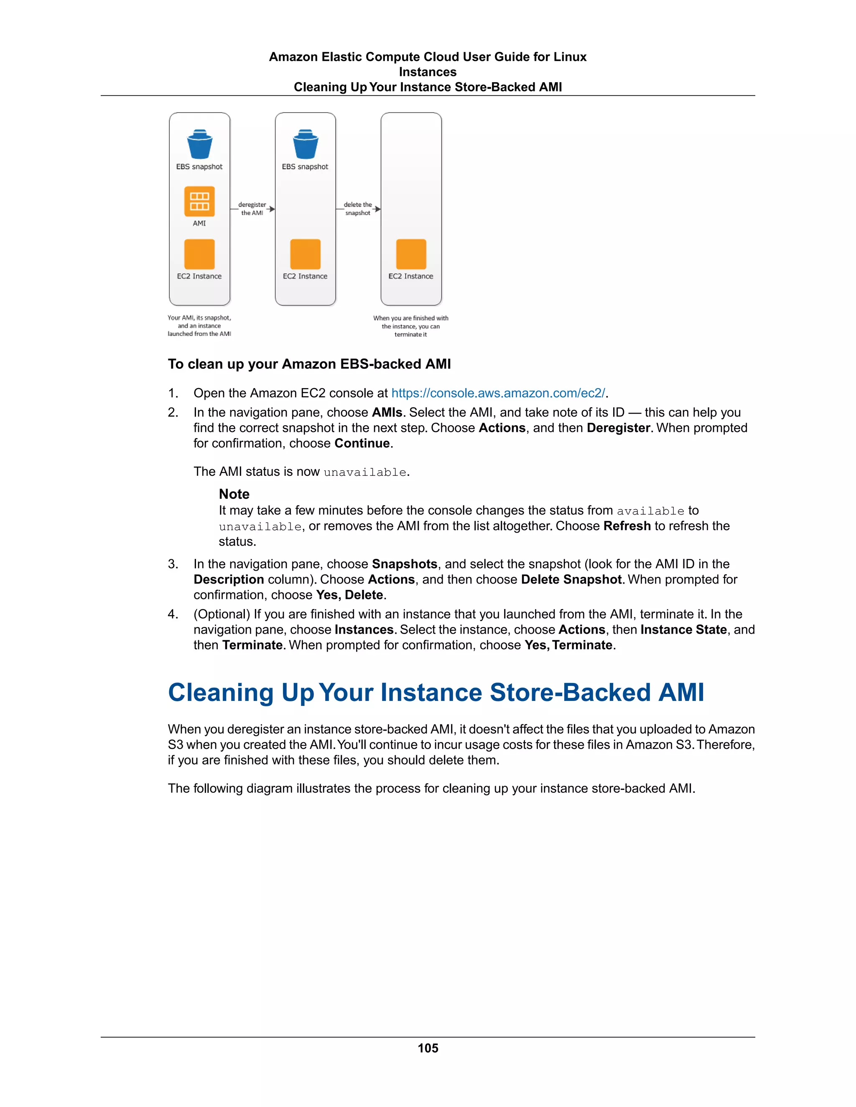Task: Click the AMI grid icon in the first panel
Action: tap(199, 201)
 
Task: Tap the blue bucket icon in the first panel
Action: tap(199, 145)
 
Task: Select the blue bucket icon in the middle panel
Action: tap(305, 145)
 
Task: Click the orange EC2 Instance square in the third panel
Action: tap(411, 254)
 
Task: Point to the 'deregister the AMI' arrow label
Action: tap(252, 209)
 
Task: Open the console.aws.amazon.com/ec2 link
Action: tap(498, 394)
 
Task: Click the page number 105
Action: tap(428, 1048)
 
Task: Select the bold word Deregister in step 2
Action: tap(618, 428)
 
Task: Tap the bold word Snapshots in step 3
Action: tap(404, 564)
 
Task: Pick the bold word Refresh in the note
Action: tap(627, 526)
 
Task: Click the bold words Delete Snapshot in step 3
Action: tap(571, 579)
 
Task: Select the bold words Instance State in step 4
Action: tap(683, 630)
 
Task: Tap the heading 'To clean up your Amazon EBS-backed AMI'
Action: tap(309, 364)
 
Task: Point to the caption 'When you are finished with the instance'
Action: tap(411, 326)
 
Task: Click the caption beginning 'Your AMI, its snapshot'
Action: tap(199, 325)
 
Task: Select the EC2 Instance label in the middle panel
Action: tap(305, 276)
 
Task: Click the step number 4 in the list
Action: tap(173, 614)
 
